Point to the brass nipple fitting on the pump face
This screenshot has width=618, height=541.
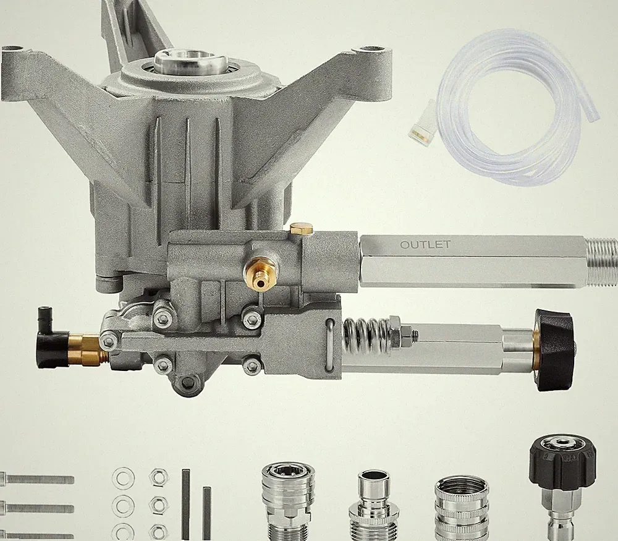tap(258, 275)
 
